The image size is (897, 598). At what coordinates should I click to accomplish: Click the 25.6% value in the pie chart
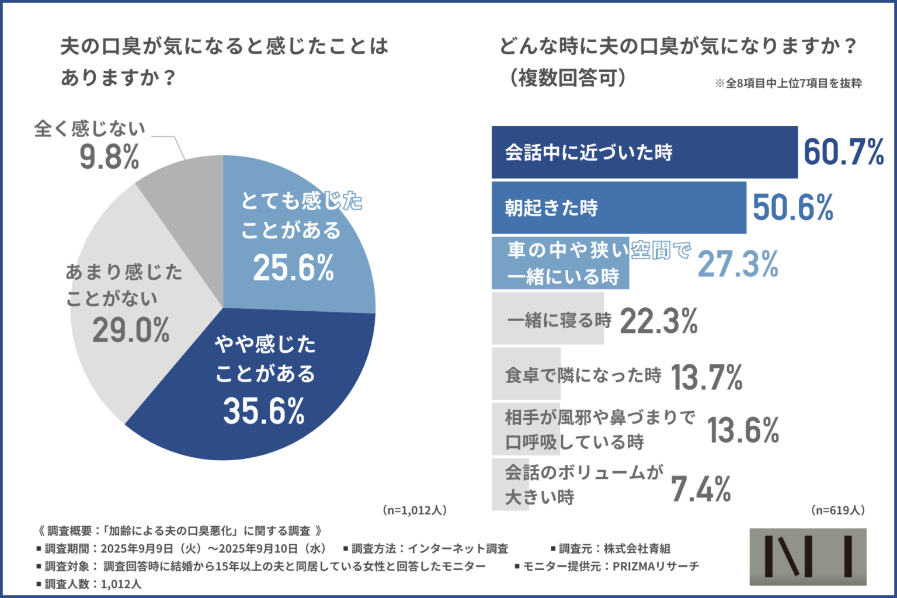click(x=294, y=268)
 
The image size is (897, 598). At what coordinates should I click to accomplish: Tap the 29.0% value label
click(x=131, y=331)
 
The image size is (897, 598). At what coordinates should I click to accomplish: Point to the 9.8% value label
click(x=110, y=157)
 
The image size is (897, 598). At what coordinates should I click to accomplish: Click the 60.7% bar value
click(x=844, y=152)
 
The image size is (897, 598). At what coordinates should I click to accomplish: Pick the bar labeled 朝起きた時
click(x=618, y=208)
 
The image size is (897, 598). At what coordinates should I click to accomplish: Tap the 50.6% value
click(x=792, y=208)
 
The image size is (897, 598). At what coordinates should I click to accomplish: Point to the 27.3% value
click(x=738, y=264)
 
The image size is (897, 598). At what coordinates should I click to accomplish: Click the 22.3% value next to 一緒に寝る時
click(x=659, y=321)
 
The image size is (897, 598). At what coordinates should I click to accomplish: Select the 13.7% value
click(x=707, y=377)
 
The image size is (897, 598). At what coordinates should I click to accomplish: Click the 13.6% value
click(x=743, y=431)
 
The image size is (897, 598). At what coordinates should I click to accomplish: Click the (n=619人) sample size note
click(x=838, y=510)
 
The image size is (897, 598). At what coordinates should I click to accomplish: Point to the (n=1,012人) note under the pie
click(x=415, y=510)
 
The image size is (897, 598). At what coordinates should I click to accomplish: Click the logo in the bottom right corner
click(x=808, y=557)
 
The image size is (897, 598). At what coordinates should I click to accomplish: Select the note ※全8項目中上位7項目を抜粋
click(x=788, y=84)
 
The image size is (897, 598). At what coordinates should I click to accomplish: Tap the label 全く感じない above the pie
click(x=89, y=128)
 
